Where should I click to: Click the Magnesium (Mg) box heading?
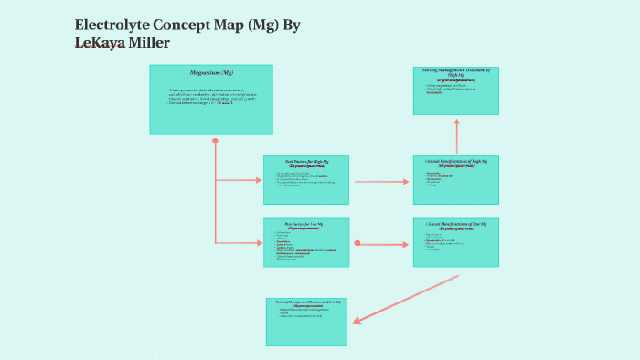coord(211,72)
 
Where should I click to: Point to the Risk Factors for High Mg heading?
coord(305,161)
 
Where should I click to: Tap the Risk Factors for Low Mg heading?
coord(305,223)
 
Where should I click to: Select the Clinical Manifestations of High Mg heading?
coord(456,161)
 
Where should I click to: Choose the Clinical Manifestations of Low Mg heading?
coord(456,223)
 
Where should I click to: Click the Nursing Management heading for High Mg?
coord(456,73)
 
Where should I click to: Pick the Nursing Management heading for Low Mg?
coord(306,302)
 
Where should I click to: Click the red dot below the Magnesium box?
coord(215,142)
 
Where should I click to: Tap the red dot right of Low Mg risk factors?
coord(357,243)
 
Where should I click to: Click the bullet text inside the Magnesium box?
coord(210,96)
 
